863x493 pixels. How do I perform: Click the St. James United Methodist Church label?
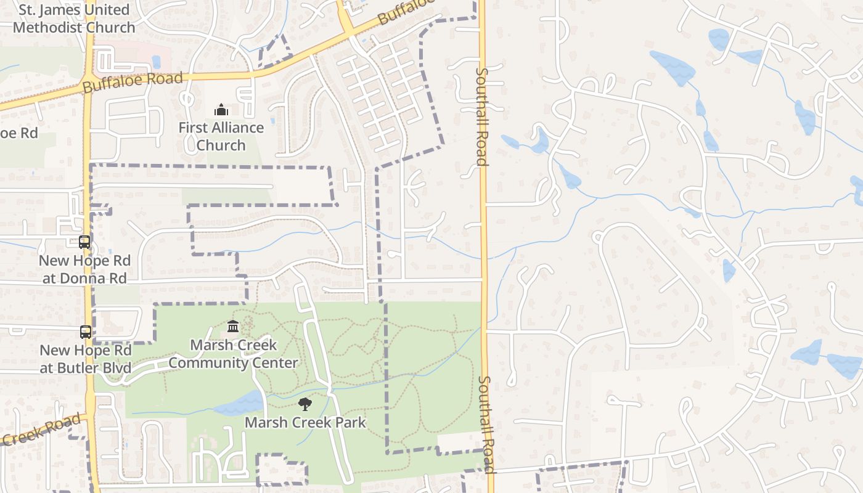click(x=73, y=18)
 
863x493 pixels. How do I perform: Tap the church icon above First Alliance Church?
click(x=221, y=110)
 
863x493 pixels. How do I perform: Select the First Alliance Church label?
click(x=221, y=136)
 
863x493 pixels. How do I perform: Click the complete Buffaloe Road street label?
click(x=133, y=82)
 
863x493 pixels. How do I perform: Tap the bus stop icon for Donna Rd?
click(x=84, y=242)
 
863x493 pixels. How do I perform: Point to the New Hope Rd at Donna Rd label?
click(x=84, y=269)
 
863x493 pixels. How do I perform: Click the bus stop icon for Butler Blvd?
click(x=86, y=332)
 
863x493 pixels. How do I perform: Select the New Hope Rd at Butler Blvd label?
click(x=86, y=359)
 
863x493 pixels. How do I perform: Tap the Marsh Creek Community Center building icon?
click(x=233, y=326)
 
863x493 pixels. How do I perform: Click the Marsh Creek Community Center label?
click(x=234, y=354)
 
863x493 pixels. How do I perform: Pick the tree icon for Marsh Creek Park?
click(x=305, y=404)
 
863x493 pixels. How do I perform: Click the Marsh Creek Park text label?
click(x=306, y=423)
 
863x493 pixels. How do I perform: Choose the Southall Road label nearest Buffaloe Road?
click(x=481, y=116)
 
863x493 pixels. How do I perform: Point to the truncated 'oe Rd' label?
click(x=18, y=133)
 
